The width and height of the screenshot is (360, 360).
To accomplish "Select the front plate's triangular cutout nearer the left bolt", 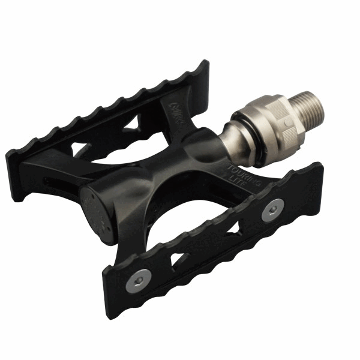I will (181, 259).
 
